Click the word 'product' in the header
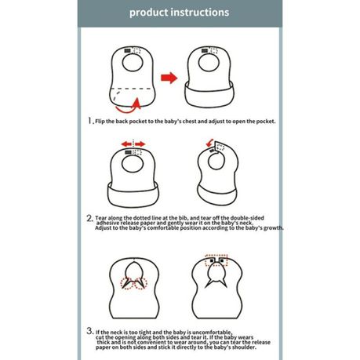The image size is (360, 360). (x=148, y=13)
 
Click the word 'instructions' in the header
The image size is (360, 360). (x=200, y=12)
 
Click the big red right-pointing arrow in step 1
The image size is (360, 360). (x=169, y=78)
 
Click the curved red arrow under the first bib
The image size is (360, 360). (x=128, y=107)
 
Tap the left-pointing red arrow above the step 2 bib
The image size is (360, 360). (x=126, y=144)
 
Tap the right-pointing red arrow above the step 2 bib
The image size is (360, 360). (x=140, y=144)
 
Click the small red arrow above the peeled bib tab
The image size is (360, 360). (x=209, y=143)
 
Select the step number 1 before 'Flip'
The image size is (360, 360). (x=90, y=121)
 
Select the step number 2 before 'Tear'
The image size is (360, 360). (x=89, y=218)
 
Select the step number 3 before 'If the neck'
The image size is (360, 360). (x=89, y=331)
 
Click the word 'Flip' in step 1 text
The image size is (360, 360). (x=100, y=122)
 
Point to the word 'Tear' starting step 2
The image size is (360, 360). (x=101, y=218)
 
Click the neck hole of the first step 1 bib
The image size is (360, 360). (x=133, y=63)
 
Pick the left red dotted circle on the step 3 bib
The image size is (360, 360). (x=127, y=284)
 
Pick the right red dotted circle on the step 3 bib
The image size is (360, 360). (x=141, y=284)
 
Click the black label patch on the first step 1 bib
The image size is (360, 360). (x=128, y=50)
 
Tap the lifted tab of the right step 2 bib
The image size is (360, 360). (x=219, y=146)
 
